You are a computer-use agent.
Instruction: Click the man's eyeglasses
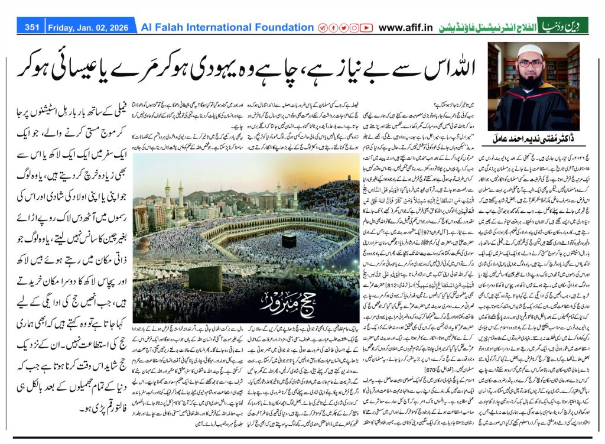click(531, 64)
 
